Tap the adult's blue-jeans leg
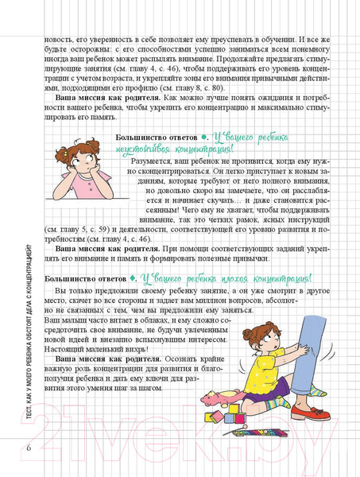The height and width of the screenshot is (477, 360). pos(303,334)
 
